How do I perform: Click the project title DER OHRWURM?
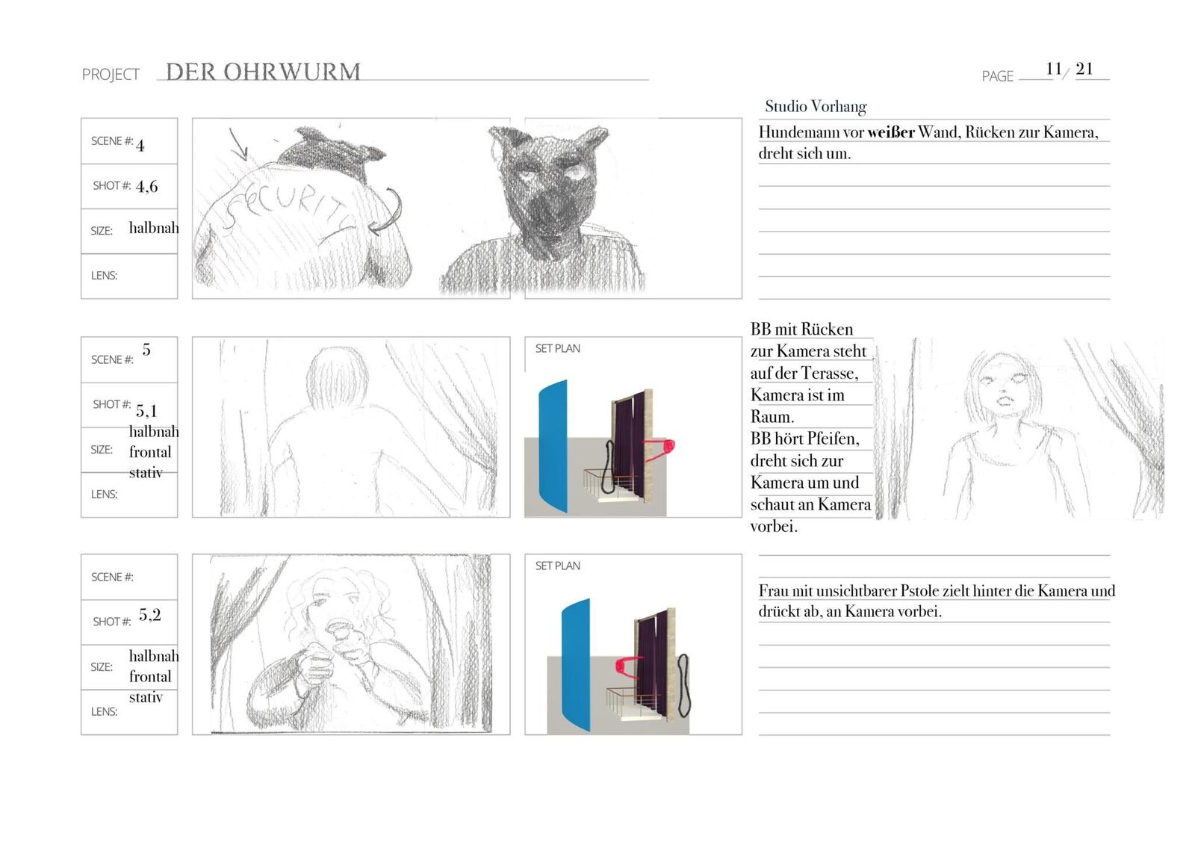coord(263,72)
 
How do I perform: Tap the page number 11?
coord(1053,69)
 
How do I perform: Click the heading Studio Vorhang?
coord(816,106)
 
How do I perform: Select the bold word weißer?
coord(890,132)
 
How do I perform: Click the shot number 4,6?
coord(146,186)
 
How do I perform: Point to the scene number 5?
coord(146,350)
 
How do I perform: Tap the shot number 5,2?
coord(149,615)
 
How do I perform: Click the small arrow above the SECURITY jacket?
coord(238,143)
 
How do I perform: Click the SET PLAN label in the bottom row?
coord(557,566)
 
